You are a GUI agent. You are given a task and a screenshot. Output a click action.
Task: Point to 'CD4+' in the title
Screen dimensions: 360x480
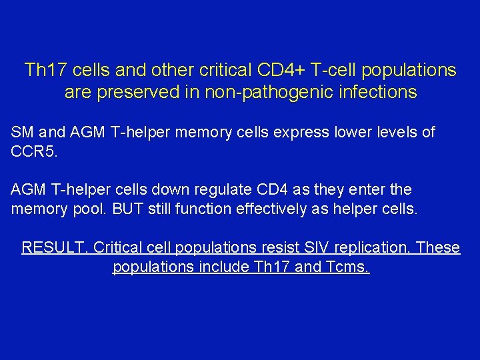279,70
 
